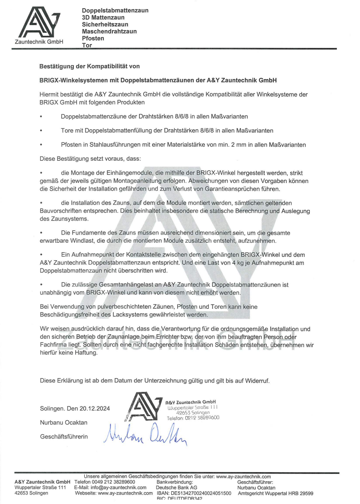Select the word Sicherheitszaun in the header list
pos(105,24)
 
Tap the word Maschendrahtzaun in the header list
pos(109,31)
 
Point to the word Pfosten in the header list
pos(93,38)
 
